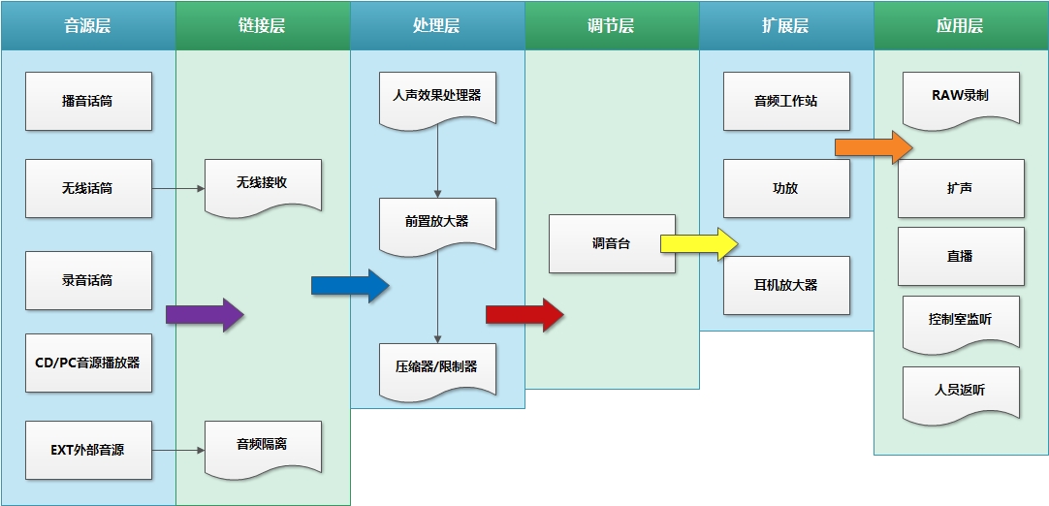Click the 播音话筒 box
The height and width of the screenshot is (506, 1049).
pos(88,101)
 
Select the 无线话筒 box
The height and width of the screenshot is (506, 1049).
pos(88,188)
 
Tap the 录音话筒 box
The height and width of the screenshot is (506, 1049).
pos(88,280)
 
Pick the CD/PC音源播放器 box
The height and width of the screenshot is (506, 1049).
pos(88,363)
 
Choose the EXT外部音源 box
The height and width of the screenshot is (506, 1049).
pos(88,450)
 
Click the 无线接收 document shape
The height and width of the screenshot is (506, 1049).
pos(263,184)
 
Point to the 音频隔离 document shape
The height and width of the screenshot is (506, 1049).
pos(263,446)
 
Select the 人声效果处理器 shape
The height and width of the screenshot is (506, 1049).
pos(437,97)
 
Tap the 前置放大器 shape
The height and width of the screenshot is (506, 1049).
pos(437,223)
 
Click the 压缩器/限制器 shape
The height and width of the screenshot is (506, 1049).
pos(437,368)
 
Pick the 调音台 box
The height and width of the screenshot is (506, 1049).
pos(611,243)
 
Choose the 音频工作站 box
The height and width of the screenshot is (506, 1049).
pos(786,101)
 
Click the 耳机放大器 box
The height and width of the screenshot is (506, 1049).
pos(786,285)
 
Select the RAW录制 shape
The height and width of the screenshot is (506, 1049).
pos(961,97)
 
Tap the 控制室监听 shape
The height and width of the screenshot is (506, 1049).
pos(961,320)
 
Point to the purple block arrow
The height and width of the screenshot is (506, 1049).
pos(205,314)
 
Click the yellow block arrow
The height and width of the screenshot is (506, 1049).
pos(699,243)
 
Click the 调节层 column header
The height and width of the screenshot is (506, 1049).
pos(612,26)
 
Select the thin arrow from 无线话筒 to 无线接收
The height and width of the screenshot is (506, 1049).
pos(178,188)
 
